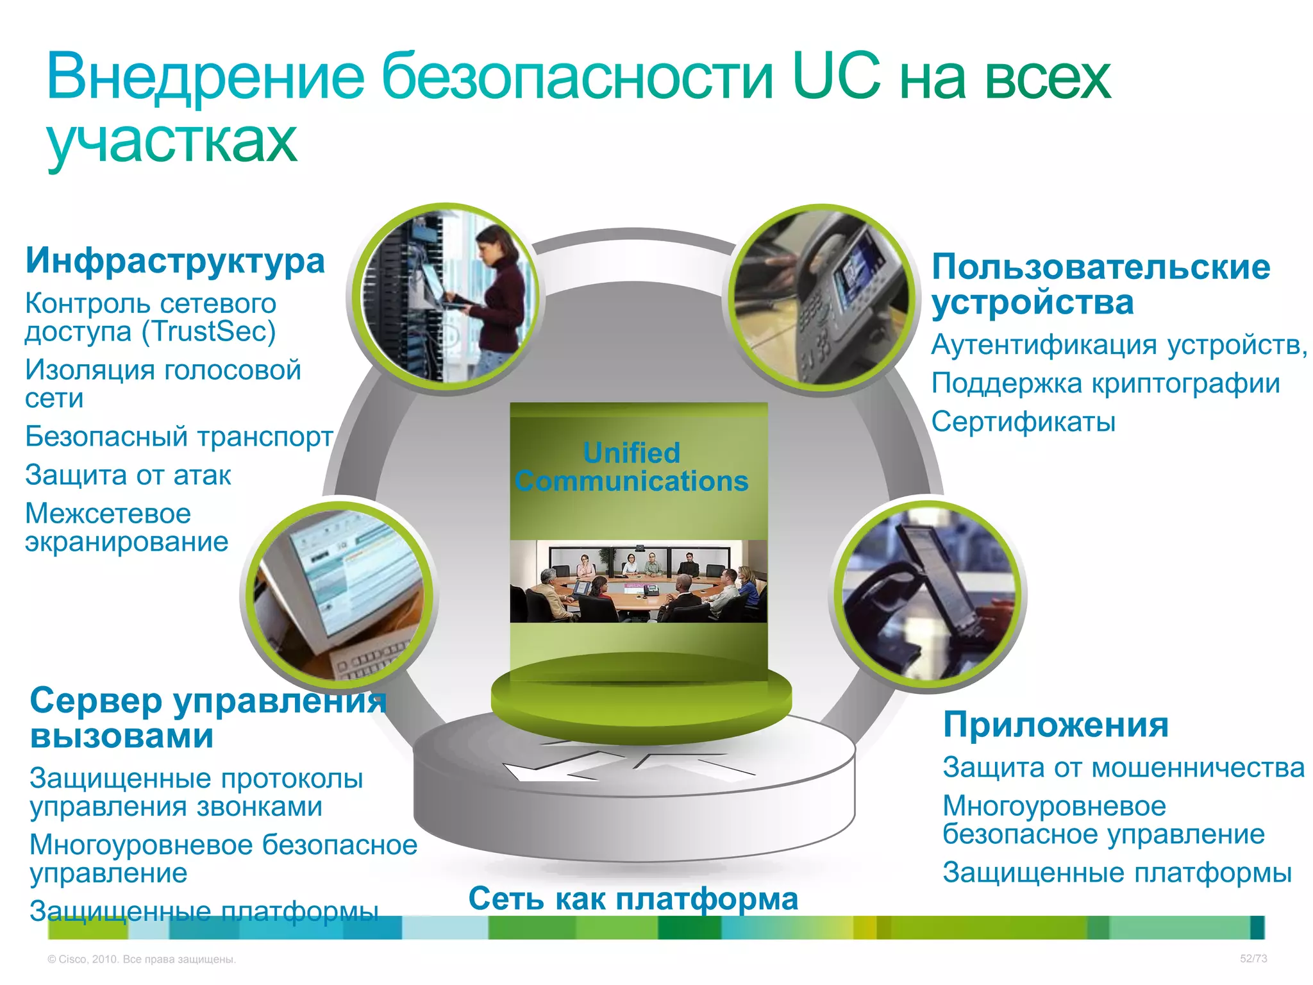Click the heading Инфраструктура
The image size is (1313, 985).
click(175, 261)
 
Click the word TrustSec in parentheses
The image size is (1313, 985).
click(208, 332)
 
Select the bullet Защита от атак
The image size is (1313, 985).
click(128, 475)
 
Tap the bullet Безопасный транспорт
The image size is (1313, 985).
click(179, 437)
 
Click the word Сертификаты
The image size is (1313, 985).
click(1023, 422)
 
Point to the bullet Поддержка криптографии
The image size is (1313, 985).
click(1105, 383)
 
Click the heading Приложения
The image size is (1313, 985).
click(1055, 725)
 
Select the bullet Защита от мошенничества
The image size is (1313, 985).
click(1123, 768)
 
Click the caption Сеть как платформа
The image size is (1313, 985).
click(633, 898)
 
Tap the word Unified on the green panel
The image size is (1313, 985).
click(631, 453)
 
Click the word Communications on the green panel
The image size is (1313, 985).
click(631, 482)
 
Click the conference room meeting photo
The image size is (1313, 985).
click(638, 581)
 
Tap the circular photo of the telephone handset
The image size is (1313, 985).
click(928, 594)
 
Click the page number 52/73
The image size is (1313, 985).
click(1253, 959)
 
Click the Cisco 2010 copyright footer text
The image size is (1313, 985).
click(142, 959)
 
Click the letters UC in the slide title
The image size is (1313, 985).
click(837, 77)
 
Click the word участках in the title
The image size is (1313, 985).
click(172, 141)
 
